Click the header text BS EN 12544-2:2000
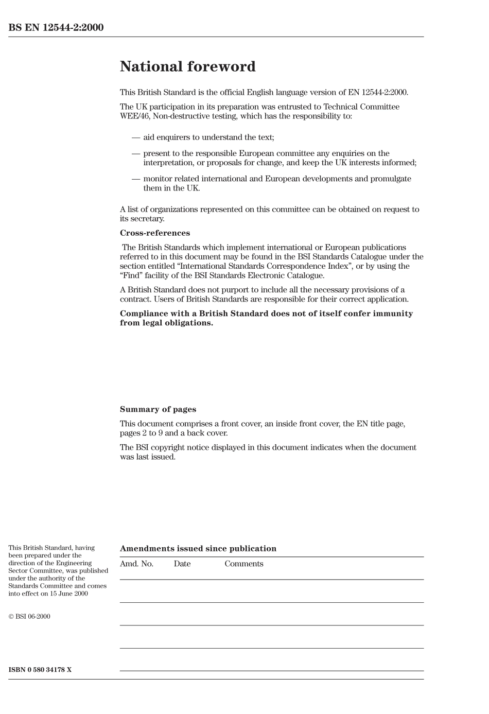(56, 28)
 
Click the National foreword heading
(187, 66)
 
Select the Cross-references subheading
(154, 233)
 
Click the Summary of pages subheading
(158, 410)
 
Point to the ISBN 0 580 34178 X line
(40, 670)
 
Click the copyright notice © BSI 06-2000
(29, 617)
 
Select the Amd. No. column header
(136, 564)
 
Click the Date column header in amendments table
(182, 564)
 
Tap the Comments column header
(243, 564)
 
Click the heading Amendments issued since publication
(198, 549)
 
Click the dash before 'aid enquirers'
(136, 137)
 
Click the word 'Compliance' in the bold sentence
(144, 314)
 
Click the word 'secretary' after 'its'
(148, 219)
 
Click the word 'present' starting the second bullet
(157, 153)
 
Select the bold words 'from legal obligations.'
(166, 323)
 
